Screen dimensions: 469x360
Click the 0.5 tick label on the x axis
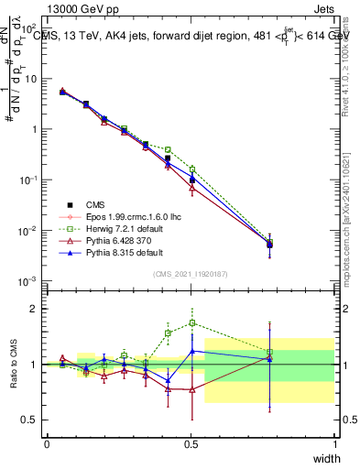point(191,443)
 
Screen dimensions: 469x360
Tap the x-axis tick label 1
point(334,443)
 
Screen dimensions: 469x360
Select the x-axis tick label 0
point(47,443)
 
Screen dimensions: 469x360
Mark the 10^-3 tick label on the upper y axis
point(27,280)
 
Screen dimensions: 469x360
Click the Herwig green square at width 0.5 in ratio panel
point(191,322)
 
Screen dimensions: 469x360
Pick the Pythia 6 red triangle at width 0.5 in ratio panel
point(191,389)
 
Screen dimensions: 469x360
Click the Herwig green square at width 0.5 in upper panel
point(191,169)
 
